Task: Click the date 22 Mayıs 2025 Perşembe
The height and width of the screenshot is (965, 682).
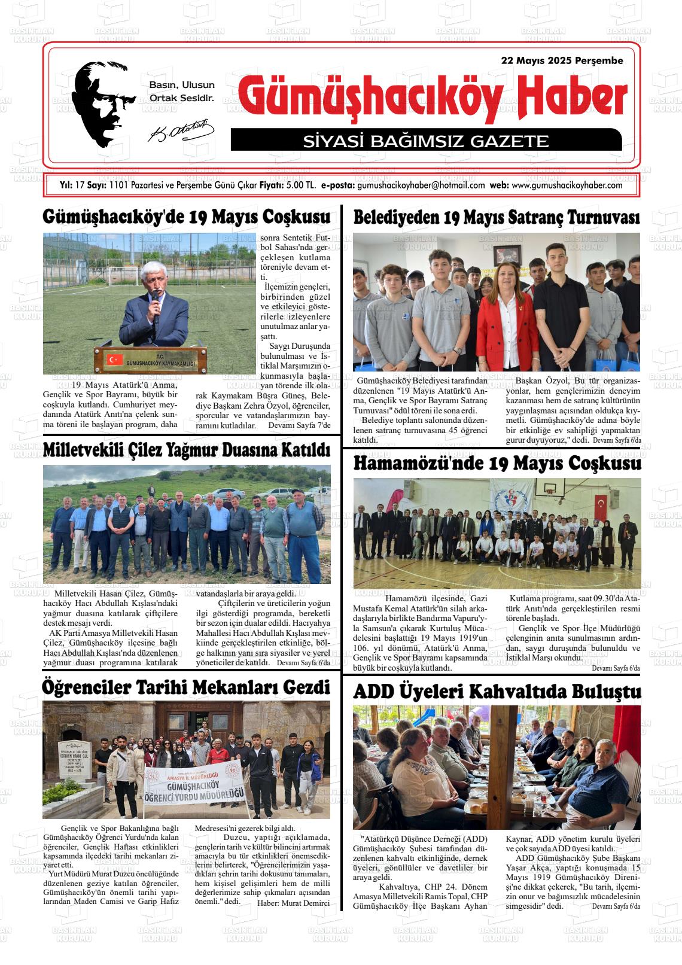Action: coord(562,61)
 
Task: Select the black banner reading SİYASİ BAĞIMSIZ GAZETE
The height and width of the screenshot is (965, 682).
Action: coord(425,141)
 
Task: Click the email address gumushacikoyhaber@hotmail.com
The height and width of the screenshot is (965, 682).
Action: coord(421,185)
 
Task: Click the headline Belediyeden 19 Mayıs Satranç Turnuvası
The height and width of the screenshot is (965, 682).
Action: coord(497,218)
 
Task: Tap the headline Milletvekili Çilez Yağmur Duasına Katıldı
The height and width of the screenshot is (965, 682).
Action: coord(187,450)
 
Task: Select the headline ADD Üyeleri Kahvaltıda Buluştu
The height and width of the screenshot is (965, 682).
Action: coord(497,692)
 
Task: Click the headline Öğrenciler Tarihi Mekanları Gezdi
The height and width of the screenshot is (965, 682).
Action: coord(187,687)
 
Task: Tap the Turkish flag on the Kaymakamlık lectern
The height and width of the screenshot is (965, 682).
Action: coord(114,360)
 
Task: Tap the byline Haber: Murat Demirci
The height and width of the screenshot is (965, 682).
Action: coord(293,903)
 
